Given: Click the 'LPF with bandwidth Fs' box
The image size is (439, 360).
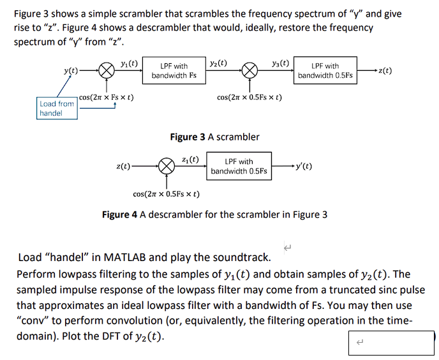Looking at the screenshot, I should click(174, 71).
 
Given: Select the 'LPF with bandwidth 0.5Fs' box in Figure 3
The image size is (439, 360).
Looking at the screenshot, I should click(325, 71).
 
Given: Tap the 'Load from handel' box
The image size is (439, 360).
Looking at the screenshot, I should click(57, 108).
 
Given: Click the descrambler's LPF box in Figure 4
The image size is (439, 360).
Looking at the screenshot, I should click(239, 167).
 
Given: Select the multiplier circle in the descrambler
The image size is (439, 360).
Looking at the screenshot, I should click(166, 167).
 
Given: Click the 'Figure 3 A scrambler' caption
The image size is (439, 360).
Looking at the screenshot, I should click(214, 137).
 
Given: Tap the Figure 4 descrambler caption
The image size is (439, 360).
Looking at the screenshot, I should click(214, 214).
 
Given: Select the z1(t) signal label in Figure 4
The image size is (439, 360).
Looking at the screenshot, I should click(190, 158).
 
